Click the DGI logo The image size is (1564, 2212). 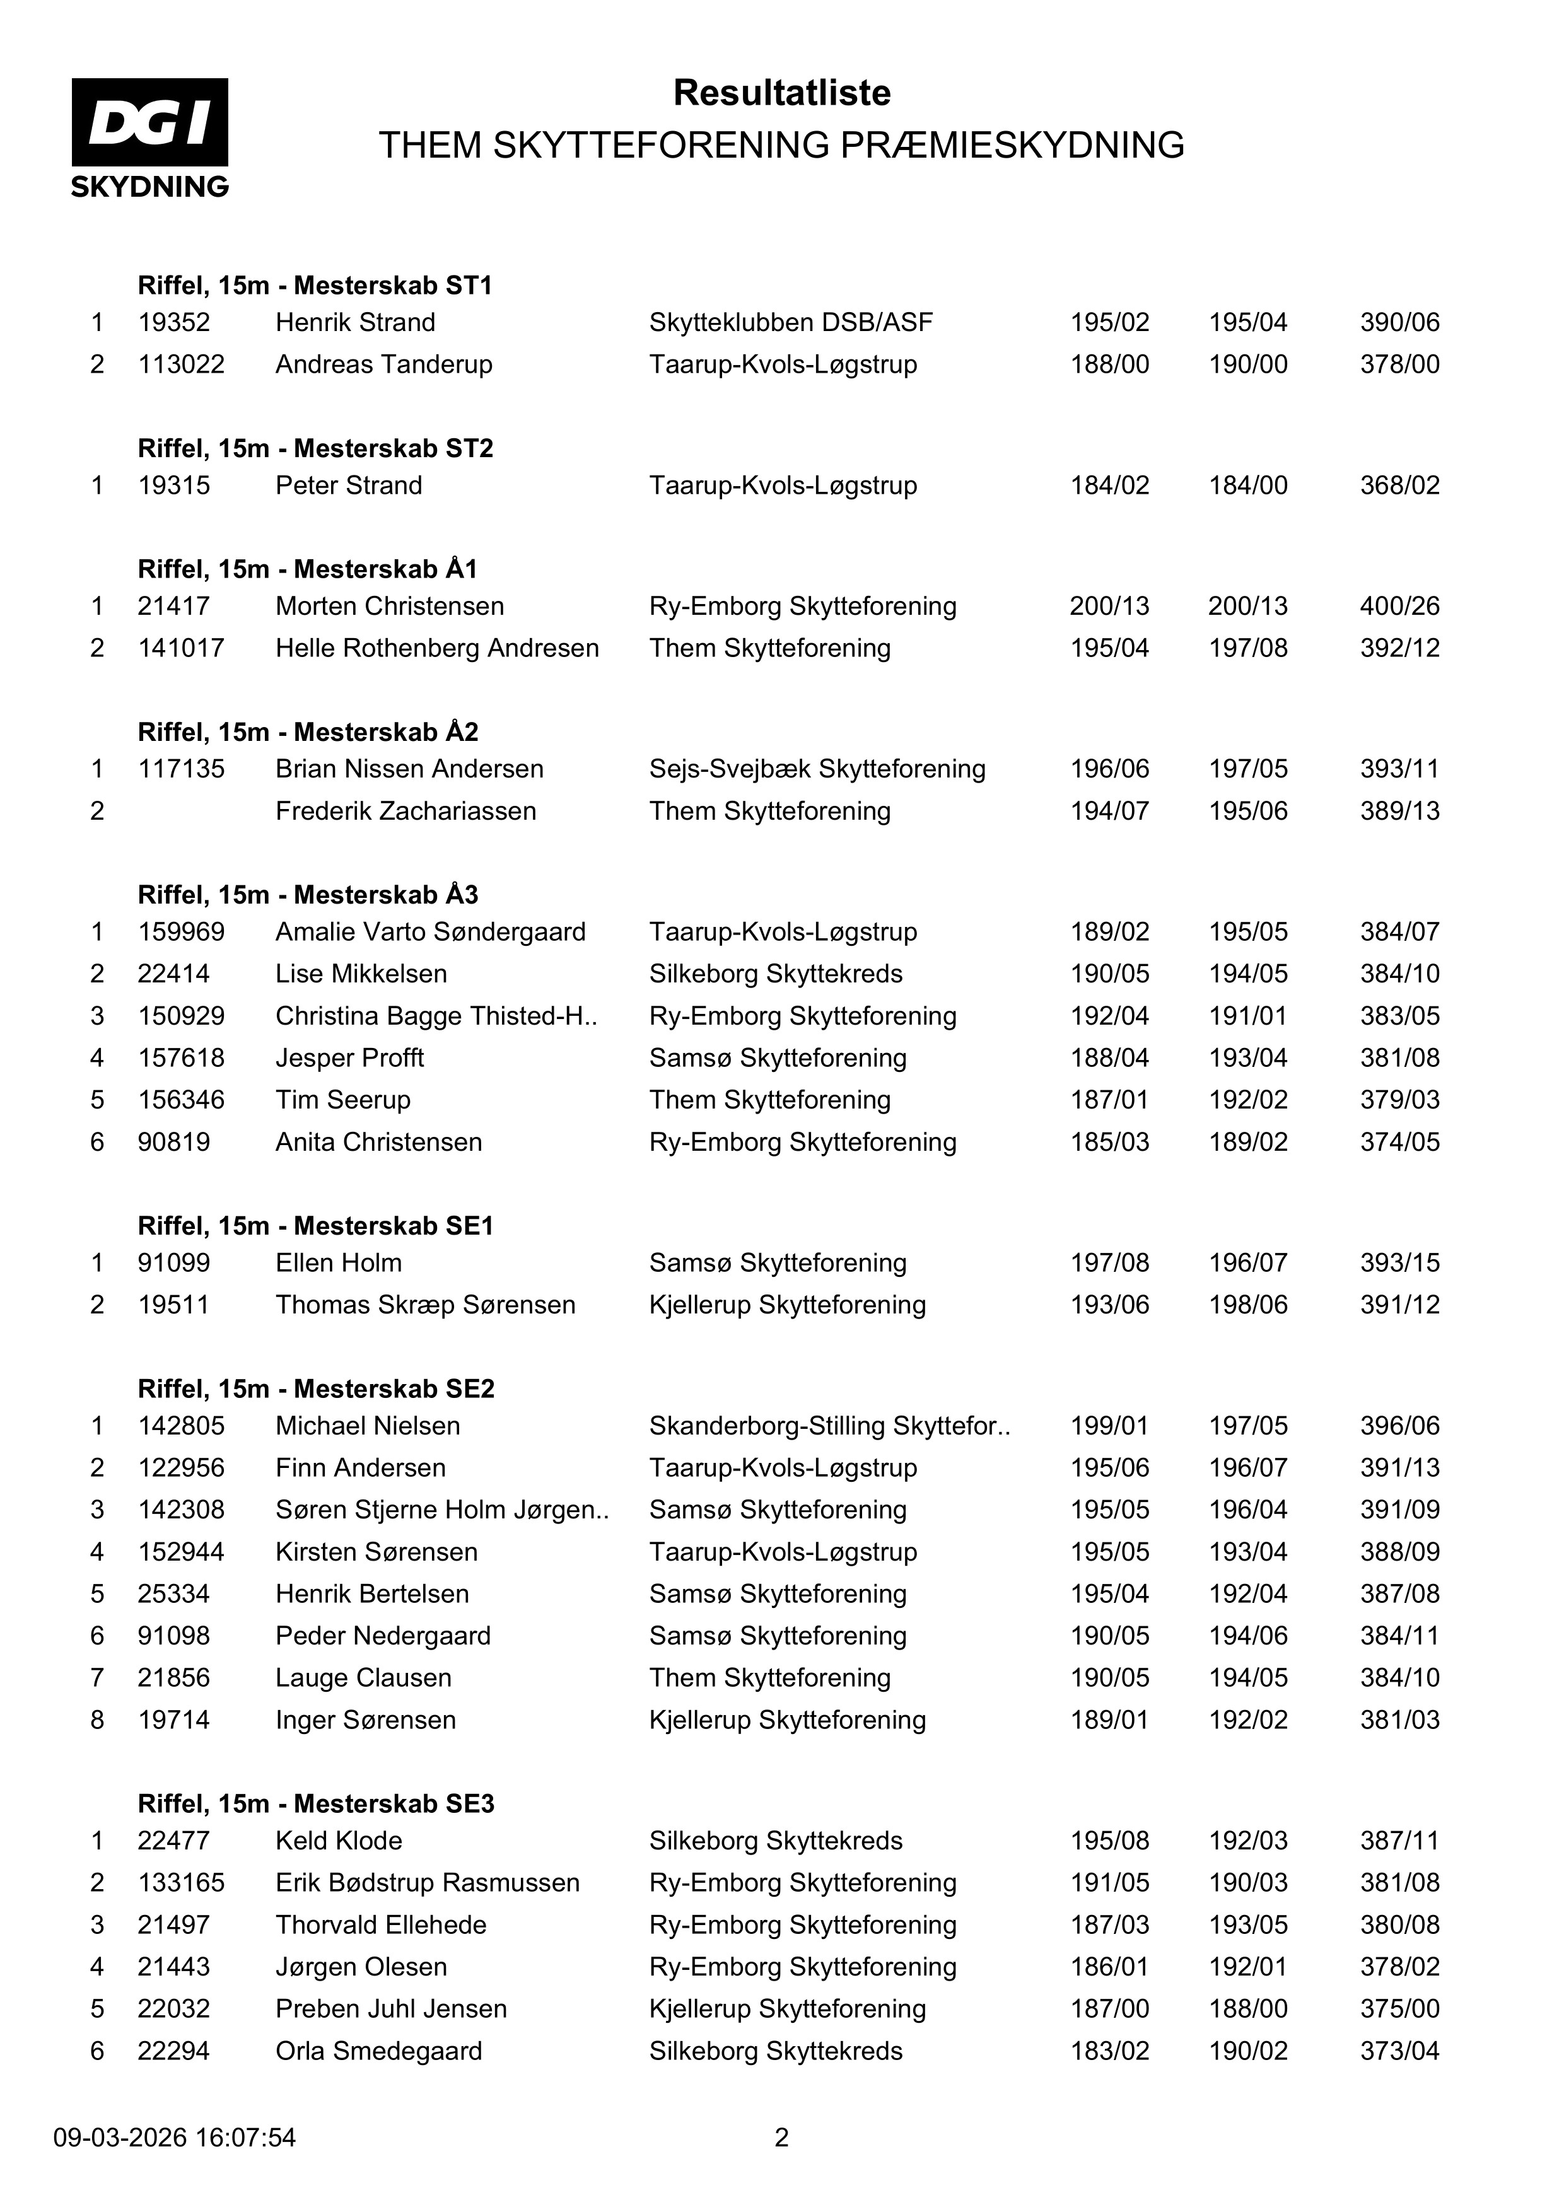149,137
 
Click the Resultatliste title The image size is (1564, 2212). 781,93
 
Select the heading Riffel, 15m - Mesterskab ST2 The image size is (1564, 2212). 315,448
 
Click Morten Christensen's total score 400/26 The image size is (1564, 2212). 1399,606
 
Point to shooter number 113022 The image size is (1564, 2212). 181,364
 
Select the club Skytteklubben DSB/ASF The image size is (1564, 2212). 790,322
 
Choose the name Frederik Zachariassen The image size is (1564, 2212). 406,811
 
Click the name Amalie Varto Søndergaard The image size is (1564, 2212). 430,931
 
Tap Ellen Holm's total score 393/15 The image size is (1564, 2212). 1399,1262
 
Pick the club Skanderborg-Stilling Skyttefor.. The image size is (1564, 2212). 829,1426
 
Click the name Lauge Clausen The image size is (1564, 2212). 363,1677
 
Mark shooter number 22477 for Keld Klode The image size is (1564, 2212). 173,1840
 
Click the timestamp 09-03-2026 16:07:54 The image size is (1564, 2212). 175,2138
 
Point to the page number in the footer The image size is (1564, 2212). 781,2138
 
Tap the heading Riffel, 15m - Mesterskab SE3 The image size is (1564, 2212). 315,1803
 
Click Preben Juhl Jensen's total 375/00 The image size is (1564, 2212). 1399,2009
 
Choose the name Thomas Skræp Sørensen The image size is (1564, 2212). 425,1305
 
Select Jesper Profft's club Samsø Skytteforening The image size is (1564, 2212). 778,1058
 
